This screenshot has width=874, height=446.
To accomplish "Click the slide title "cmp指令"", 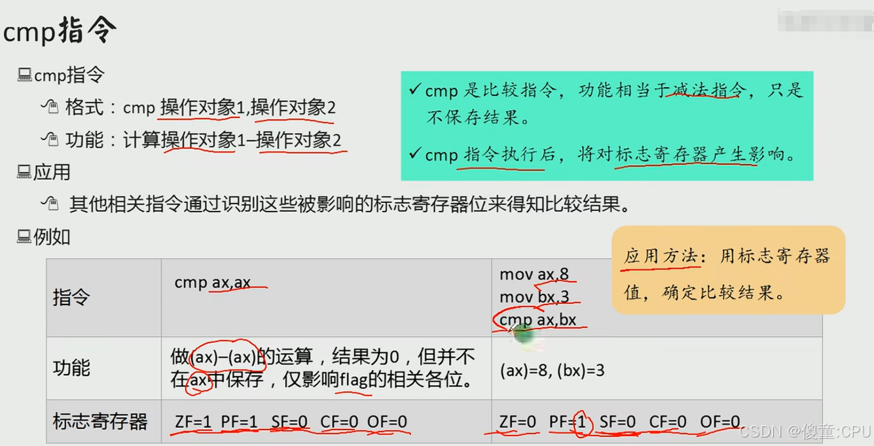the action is [x=60, y=31].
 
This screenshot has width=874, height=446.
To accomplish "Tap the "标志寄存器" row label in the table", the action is [x=100, y=421].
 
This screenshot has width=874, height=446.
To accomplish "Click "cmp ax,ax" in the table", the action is [x=212, y=282].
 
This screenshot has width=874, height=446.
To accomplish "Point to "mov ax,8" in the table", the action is [x=534, y=274].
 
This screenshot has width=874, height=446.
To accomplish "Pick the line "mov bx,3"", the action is [x=534, y=297].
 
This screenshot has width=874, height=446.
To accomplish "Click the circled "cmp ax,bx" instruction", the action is [x=537, y=320].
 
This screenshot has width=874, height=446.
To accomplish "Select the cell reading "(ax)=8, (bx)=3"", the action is [x=551, y=371].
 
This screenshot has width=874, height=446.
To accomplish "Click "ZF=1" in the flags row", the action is [x=193, y=422].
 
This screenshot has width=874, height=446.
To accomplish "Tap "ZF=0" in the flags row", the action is [x=517, y=422].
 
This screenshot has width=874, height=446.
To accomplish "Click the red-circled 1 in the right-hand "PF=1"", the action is [x=580, y=422].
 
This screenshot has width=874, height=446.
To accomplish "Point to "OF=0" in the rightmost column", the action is [x=719, y=422].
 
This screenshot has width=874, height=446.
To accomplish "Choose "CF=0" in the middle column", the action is [x=338, y=422].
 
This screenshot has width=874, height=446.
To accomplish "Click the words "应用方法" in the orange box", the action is [x=660, y=256].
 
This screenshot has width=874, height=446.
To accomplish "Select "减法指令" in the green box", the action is [x=706, y=90].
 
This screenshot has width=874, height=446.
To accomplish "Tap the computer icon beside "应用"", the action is [x=24, y=172].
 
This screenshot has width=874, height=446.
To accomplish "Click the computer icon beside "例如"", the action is [x=24, y=236].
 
